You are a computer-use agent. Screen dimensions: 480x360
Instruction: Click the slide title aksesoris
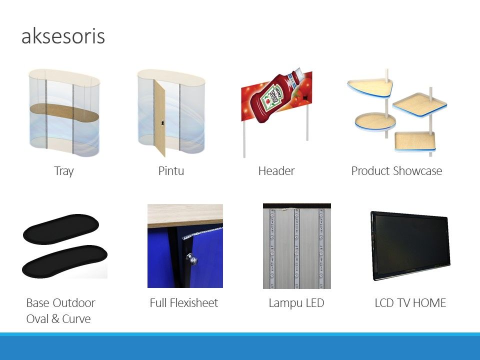pyautogui.click(x=63, y=36)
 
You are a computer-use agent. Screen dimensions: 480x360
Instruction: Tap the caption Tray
pyautogui.click(x=64, y=171)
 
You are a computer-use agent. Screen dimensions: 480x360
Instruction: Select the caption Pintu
pyautogui.click(x=171, y=171)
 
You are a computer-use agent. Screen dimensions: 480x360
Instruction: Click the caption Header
pyautogui.click(x=276, y=171)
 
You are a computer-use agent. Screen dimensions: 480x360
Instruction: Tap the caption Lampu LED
pyautogui.click(x=296, y=303)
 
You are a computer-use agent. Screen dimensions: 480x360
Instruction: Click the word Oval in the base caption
pyautogui.click(x=37, y=318)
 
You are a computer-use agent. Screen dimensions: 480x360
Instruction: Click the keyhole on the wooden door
pyautogui.click(x=162, y=123)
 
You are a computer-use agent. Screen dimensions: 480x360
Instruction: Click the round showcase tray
pyautogui.click(x=375, y=121)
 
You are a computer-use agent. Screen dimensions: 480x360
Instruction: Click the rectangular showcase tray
pyautogui.click(x=415, y=141)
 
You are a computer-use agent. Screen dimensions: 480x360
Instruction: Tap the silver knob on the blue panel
pyautogui.click(x=191, y=259)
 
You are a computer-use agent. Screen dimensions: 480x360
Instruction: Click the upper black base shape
pyautogui.click(x=61, y=229)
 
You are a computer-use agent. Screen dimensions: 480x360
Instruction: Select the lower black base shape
pyautogui.click(x=64, y=261)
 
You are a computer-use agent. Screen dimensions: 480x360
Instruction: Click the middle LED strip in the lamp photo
pyautogui.click(x=296, y=248)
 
